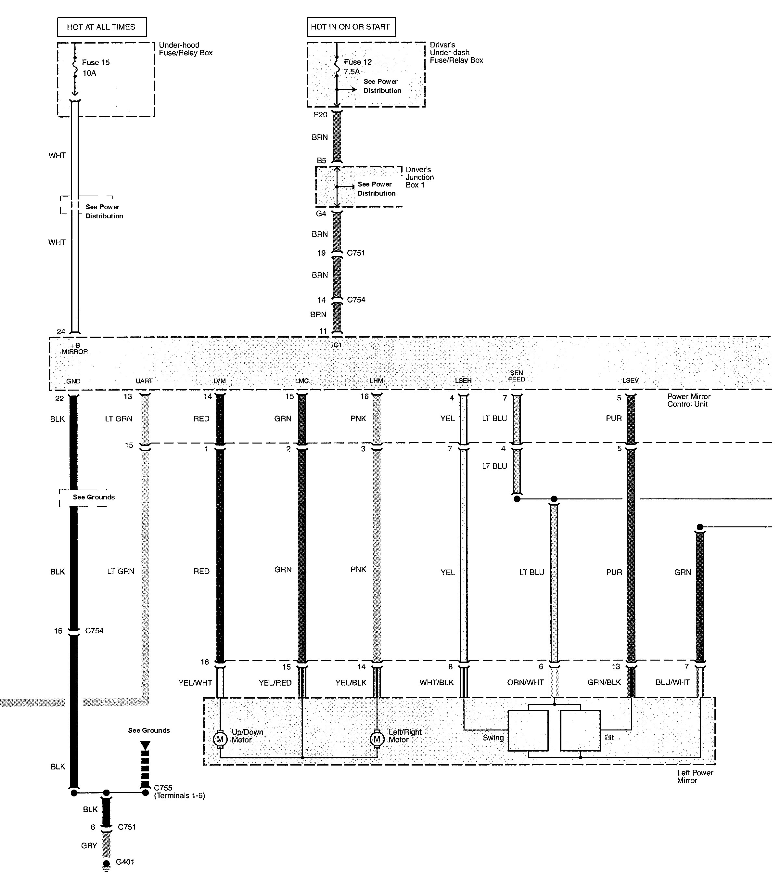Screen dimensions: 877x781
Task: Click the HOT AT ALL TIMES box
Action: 101,27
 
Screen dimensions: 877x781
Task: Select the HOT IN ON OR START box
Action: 351,27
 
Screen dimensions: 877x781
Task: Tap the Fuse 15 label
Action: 96,63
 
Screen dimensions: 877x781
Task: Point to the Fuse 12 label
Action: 357,62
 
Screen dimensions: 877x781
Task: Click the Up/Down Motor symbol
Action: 220,739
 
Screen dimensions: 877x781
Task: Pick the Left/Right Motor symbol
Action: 377,739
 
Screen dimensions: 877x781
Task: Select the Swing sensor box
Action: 528,731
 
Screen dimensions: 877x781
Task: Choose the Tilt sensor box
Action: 580,731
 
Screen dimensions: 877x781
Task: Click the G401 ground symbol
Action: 106,865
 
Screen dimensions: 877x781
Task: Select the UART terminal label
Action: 144,381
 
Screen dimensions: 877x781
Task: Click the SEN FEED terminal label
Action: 517,376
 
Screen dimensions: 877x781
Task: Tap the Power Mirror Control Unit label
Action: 688,400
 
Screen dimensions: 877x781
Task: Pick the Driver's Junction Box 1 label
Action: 419,177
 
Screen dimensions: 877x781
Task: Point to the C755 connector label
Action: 163,788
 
